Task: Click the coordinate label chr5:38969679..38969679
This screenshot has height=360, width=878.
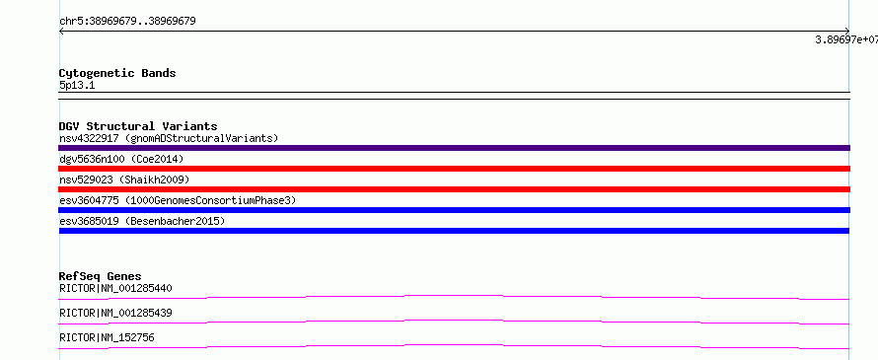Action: (127, 22)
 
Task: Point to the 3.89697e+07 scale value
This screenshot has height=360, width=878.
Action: (846, 39)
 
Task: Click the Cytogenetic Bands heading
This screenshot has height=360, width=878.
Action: (117, 73)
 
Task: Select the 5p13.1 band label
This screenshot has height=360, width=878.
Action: (77, 85)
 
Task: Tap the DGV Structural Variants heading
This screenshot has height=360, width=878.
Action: (138, 126)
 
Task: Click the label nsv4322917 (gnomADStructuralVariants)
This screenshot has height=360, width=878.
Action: (169, 138)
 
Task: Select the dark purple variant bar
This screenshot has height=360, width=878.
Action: (454, 148)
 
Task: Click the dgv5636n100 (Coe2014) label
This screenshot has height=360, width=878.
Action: (121, 159)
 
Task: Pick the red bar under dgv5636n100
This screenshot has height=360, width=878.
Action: (454, 169)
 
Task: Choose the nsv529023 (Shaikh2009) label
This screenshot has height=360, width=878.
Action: (124, 180)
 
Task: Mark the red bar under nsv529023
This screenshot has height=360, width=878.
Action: (454, 189)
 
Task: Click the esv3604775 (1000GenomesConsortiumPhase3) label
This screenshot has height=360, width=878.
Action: (178, 200)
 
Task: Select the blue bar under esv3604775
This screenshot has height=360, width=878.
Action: (454, 210)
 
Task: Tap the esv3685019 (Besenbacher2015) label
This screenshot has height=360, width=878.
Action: (142, 221)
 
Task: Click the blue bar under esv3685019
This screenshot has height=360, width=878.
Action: (454, 231)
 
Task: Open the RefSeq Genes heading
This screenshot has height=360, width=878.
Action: (101, 276)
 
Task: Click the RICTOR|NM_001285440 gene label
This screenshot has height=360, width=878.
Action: (115, 288)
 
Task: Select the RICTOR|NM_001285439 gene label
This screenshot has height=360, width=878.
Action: (115, 313)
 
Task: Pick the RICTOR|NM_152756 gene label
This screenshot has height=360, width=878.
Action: (107, 337)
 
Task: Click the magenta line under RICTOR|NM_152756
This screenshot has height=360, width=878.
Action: (454, 345)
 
